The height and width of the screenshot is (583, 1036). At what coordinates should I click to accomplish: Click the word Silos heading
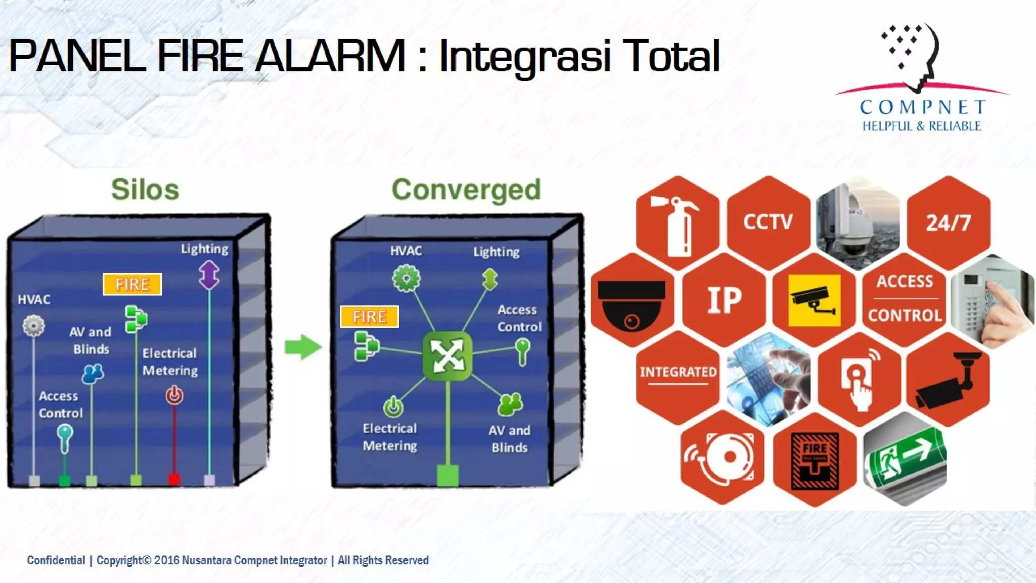click(x=145, y=190)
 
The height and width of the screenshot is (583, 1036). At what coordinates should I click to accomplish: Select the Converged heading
click(x=466, y=190)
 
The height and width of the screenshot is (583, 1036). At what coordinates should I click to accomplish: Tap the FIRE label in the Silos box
click(x=132, y=284)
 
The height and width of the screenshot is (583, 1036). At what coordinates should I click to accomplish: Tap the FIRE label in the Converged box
click(x=369, y=317)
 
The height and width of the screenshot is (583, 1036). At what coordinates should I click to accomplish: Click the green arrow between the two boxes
click(x=303, y=347)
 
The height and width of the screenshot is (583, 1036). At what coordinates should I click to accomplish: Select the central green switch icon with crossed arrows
click(x=448, y=355)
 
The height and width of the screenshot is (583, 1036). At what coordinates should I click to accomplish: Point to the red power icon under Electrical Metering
click(x=175, y=395)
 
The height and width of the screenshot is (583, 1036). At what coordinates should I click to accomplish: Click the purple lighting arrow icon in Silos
click(x=209, y=275)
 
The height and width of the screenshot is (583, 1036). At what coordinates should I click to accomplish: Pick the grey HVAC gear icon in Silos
click(x=34, y=325)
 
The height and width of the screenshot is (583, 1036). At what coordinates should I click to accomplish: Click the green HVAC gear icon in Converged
click(x=406, y=278)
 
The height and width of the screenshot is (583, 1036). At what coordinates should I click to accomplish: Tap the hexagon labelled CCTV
click(x=768, y=222)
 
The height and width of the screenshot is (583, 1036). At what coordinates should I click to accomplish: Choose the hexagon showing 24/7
click(x=948, y=223)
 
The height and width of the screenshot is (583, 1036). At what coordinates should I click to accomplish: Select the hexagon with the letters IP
click(x=724, y=300)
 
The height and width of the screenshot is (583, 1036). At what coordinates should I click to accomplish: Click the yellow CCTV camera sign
click(x=814, y=301)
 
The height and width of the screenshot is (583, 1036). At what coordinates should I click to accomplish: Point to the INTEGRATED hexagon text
click(x=678, y=372)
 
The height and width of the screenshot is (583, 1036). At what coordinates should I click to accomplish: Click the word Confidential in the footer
click(x=56, y=560)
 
